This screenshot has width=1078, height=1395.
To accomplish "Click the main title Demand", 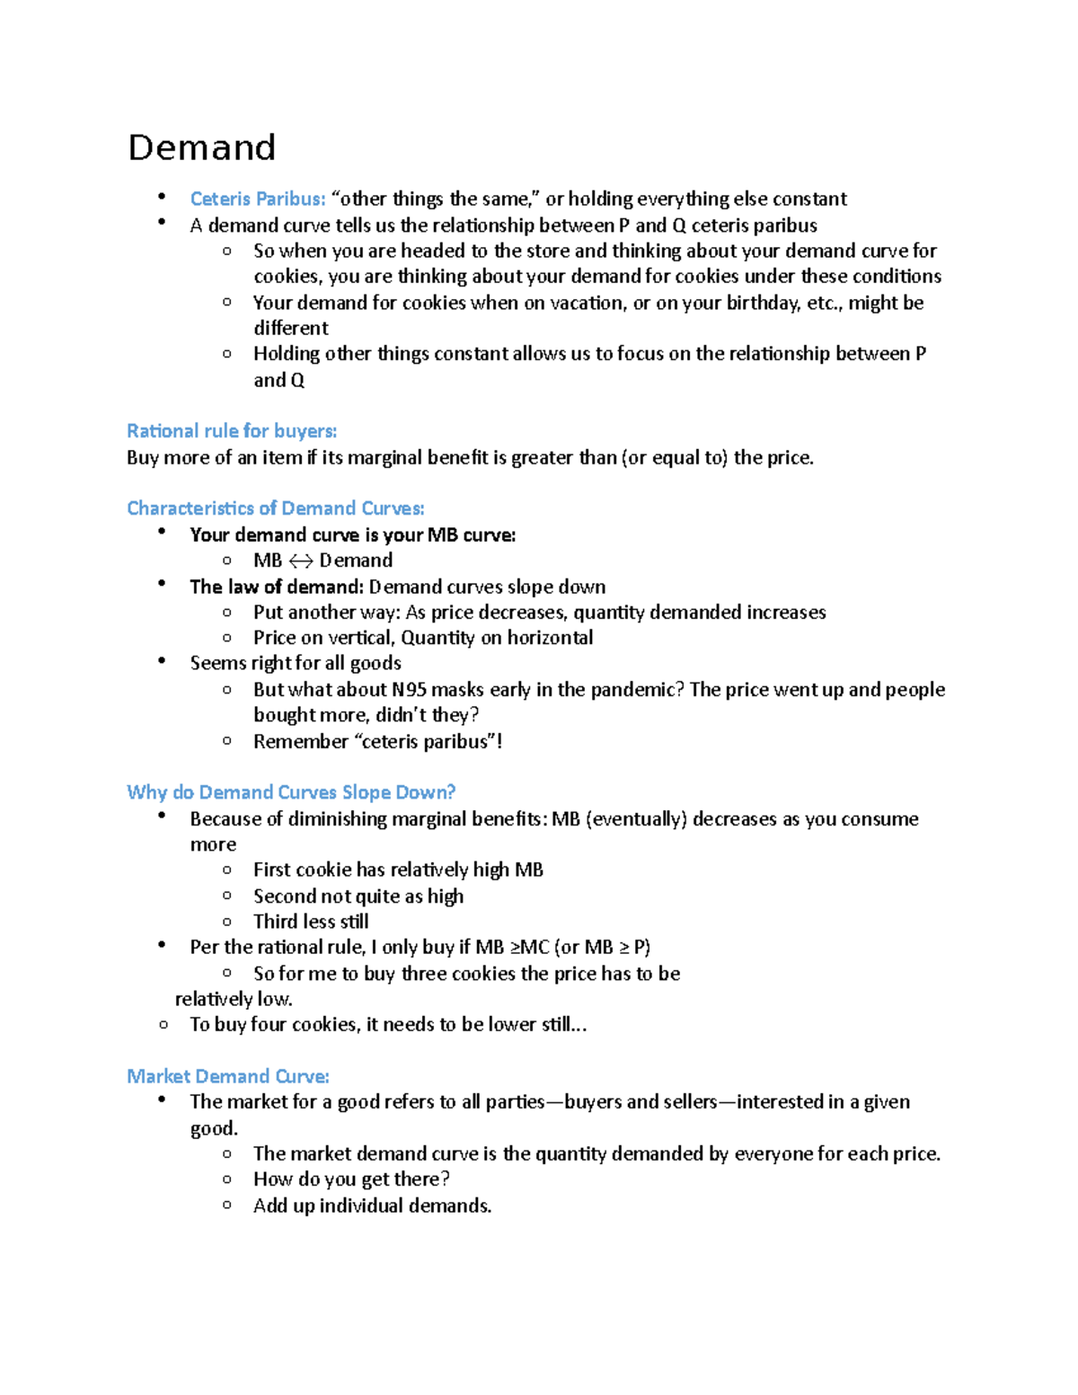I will [x=201, y=147].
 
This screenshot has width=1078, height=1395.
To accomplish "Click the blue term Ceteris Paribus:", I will [x=257, y=199].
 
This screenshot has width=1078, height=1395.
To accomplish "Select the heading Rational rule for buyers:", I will [x=232, y=431].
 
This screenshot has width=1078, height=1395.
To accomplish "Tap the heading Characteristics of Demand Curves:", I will [x=275, y=508].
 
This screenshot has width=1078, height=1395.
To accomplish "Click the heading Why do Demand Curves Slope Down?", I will [x=290, y=792].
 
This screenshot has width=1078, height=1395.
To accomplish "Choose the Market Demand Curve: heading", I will [x=227, y=1076].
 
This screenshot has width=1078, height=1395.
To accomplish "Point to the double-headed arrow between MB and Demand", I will [x=301, y=561].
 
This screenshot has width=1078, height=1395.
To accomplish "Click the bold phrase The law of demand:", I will [x=276, y=587].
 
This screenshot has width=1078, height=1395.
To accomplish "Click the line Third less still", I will [x=311, y=922].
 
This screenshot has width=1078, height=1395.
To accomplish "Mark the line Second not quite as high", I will [x=358, y=896].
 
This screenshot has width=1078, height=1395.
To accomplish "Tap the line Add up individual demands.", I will [x=372, y=1205].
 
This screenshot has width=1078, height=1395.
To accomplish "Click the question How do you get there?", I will [x=351, y=1179].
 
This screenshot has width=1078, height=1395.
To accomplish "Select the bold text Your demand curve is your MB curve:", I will [x=352, y=535].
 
